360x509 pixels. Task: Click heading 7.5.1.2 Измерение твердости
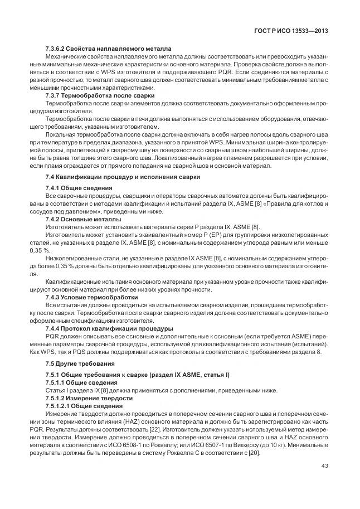click(89, 399)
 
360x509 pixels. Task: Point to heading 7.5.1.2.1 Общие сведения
click(85, 406)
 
